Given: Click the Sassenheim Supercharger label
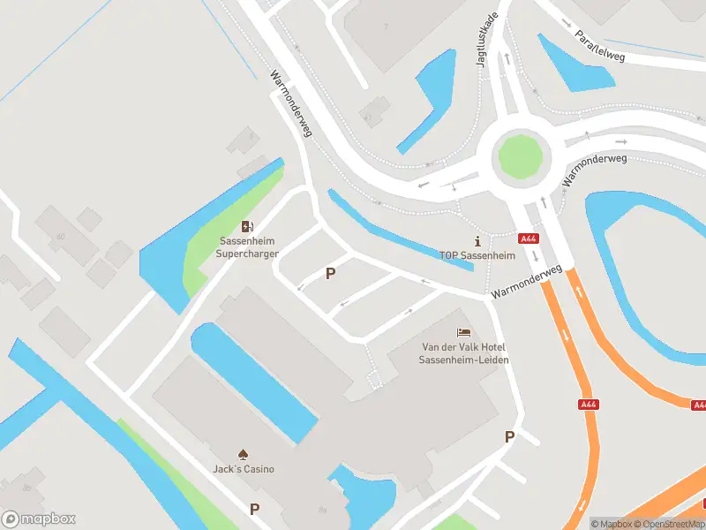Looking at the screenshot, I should tap(247, 247).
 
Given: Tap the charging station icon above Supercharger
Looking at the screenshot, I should tap(247, 227).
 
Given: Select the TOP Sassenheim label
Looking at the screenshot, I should tap(477, 255).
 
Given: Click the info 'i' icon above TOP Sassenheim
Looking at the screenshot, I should tap(477, 240).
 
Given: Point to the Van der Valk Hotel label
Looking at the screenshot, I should tap(464, 353).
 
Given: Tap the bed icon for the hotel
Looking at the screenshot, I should tap(463, 333).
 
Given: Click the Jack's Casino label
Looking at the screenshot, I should tap(244, 468).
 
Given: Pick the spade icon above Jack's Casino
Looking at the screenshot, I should tap(244, 453).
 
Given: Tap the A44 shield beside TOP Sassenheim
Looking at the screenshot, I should tap(529, 238).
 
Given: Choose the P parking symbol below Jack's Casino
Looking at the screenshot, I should tap(255, 509).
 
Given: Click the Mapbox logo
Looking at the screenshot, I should tap(39, 519).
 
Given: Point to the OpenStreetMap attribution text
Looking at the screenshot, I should tap(671, 524).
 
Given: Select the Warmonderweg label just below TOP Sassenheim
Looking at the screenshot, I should tap(528, 281).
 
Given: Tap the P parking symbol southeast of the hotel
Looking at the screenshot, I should tap(509, 436).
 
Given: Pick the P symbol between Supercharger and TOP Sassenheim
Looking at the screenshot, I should tap(331, 274).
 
